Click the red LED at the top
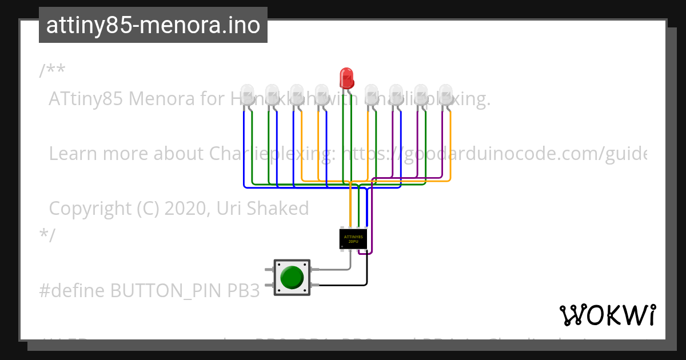(x=346, y=77)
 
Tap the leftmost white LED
(x=247, y=94)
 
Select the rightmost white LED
(x=445, y=94)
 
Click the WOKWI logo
(x=608, y=315)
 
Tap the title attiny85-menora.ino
(x=153, y=25)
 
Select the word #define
(x=71, y=291)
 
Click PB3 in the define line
(x=244, y=291)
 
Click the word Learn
(x=71, y=154)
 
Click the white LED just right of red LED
(x=372, y=94)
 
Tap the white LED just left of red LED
(x=321, y=94)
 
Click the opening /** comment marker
(x=52, y=71)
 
